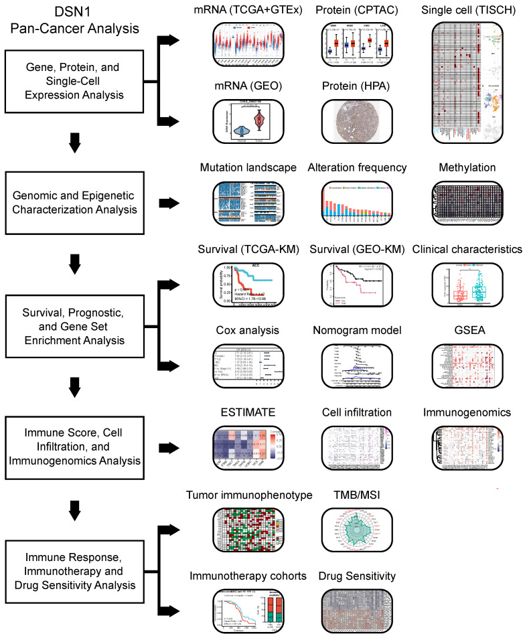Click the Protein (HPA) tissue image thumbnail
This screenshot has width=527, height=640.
coord(352,120)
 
